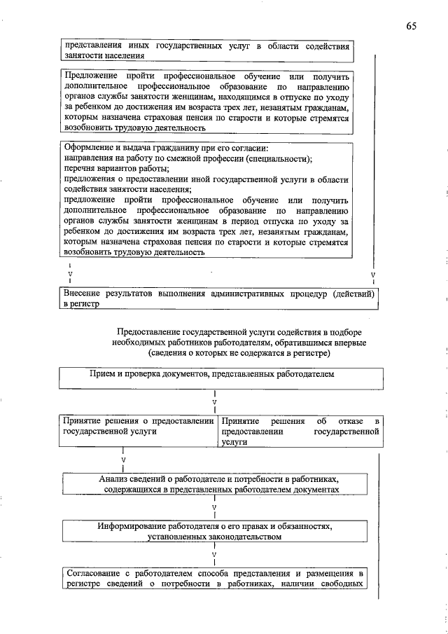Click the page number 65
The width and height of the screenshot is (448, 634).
point(410,26)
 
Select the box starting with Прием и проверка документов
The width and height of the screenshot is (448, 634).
point(221,378)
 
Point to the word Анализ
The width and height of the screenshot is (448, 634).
point(115,478)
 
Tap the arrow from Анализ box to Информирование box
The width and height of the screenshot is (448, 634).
point(214,506)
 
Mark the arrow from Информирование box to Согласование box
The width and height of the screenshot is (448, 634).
point(214,553)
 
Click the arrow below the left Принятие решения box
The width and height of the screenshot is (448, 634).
point(123,460)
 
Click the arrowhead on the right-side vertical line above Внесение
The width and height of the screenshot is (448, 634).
point(373,275)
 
